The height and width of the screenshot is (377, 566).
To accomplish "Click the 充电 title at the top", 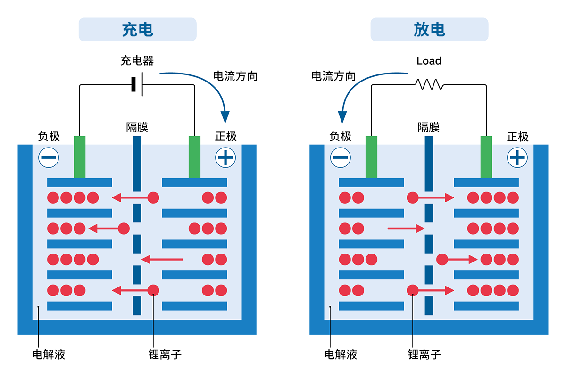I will pyautogui.click(x=137, y=30).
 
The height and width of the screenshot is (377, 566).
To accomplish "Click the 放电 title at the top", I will pyautogui.click(x=429, y=30).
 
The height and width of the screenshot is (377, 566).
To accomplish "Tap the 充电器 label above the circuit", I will pyautogui.click(x=137, y=61).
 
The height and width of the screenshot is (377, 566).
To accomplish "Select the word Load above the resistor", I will pyautogui.click(x=429, y=61).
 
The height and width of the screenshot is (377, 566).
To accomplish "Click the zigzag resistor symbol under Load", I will pyautogui.click(x=429, y=84).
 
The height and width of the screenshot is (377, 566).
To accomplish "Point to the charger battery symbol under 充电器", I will pyautogui.click(x=137, y=85).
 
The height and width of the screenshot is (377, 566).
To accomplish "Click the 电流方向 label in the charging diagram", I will pyautogui.click(x=235, y=76).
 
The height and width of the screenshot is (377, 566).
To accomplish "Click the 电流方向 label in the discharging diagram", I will pyautogui.click(x=333, y=76).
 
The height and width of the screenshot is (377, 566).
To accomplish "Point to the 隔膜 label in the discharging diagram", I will pyautogui.click(x=429, y=127).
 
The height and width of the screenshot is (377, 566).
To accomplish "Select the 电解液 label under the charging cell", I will pyautogui.click(x=49, y=354).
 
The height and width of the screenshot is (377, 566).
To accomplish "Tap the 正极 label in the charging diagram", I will pyautogui.click(x=226, y=137).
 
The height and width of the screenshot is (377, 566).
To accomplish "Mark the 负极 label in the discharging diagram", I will pyautogui.click(x=341, y=137).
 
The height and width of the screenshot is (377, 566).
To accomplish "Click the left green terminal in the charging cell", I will pyautogui.click(x=80, y=157).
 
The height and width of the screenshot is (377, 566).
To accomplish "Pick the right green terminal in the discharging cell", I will pyautogui.click(x=486, y=157).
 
